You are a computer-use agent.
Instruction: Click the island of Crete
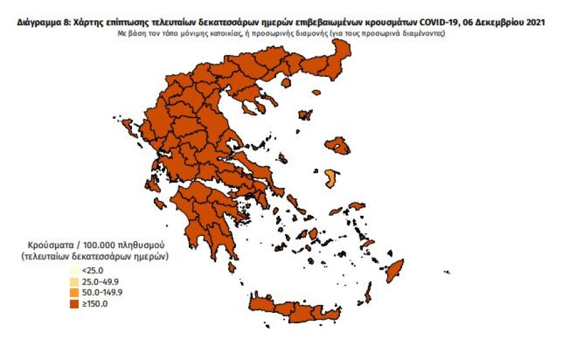click(294, 308)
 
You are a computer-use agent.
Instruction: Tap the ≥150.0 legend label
click(94, 303)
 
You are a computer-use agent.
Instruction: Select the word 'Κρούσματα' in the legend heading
click(50, 246)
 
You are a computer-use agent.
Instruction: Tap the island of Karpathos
click(368, 295)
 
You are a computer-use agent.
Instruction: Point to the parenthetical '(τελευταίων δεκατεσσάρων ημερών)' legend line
click(94, 257)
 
